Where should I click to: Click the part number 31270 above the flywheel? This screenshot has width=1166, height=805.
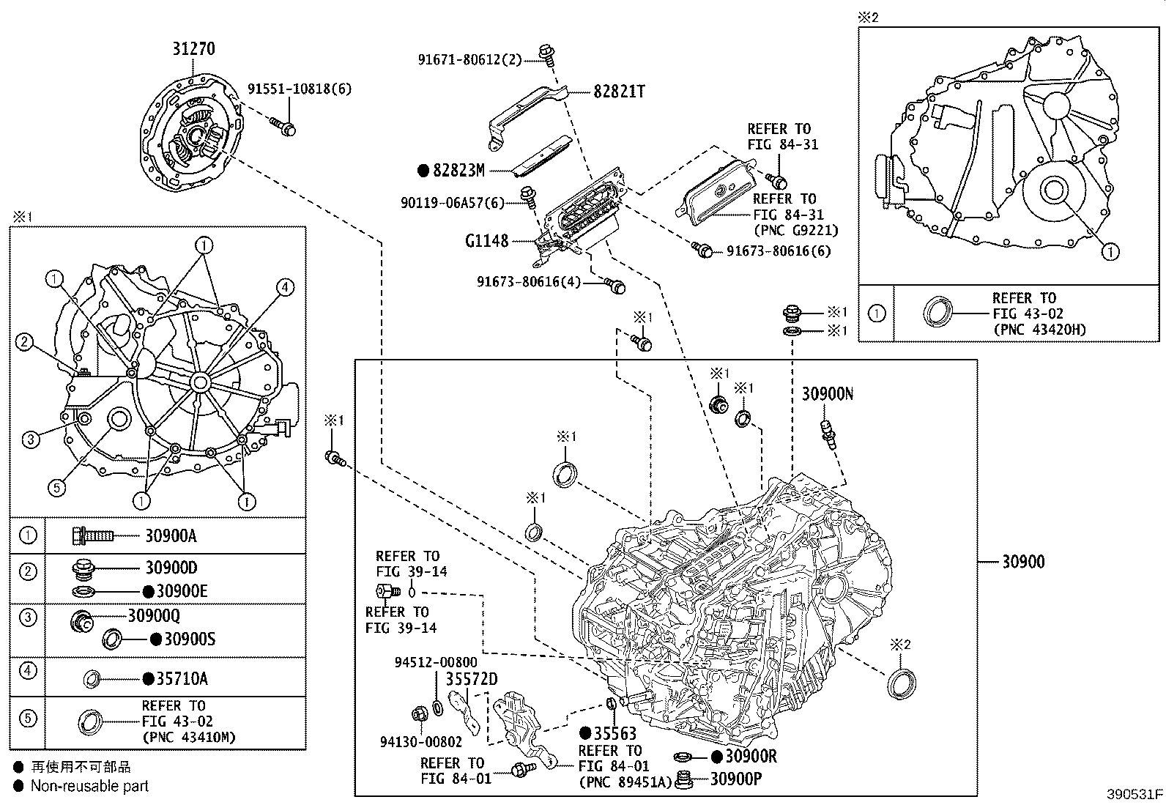(x=194, y=49)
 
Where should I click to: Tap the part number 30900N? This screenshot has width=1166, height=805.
(x=827, y=394)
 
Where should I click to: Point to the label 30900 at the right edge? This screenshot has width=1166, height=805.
(x=1023, y=562)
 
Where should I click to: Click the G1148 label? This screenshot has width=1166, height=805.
(x=486, y=240)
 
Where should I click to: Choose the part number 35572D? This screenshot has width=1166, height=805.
(x=472, y=678)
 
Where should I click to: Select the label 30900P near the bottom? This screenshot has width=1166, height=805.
(x=735, y=779)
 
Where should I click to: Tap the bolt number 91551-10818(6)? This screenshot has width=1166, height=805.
(x=299, y=89)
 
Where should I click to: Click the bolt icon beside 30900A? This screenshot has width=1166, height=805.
(x=92, y=536)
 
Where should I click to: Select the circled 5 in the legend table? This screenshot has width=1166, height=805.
(x=27, y=719)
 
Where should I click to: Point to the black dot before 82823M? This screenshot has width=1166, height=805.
(x=423, y=171)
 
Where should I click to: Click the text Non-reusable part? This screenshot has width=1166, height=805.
(x=89, y=786)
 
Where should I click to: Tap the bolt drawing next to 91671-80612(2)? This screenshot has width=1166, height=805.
(x=544, y=53)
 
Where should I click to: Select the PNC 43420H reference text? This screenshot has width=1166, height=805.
(x=1039, y=330)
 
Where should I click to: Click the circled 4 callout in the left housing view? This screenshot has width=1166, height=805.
(x=285, y=287)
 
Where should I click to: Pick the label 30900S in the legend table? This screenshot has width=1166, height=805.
(x=190, y=639)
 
